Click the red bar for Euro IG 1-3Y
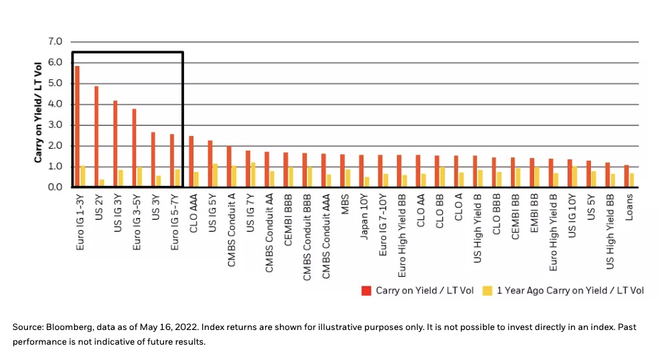click(77, 127)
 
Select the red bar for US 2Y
click(96, 137)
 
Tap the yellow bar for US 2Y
click(101, 183)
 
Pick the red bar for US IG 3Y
click(115, 144)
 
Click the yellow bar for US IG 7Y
click(253, 175)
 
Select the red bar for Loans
click(626, 176)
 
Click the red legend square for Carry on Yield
click(366, 290)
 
